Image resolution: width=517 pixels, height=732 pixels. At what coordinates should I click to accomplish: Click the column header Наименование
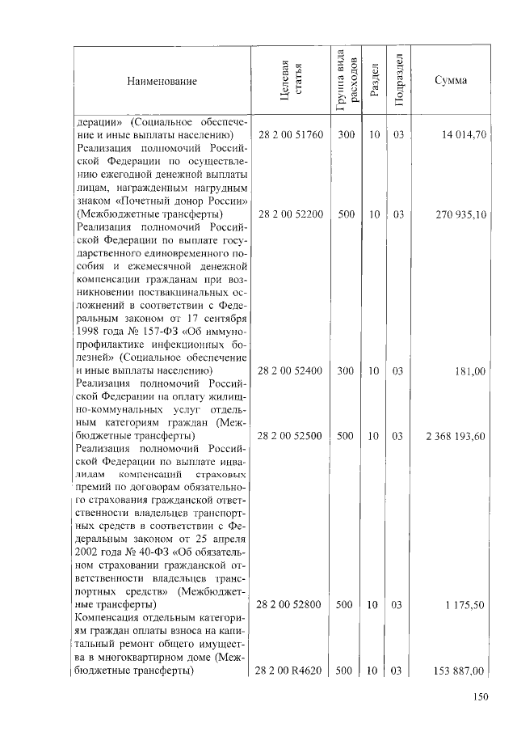161,81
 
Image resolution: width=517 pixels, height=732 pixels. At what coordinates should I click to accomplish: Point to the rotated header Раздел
374,81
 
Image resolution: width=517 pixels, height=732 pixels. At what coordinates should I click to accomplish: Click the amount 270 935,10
460,215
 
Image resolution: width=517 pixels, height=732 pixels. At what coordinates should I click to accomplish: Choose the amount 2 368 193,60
455,436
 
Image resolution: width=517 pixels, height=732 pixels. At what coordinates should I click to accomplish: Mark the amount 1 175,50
465,604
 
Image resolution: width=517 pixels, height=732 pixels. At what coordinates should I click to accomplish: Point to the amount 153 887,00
460,671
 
